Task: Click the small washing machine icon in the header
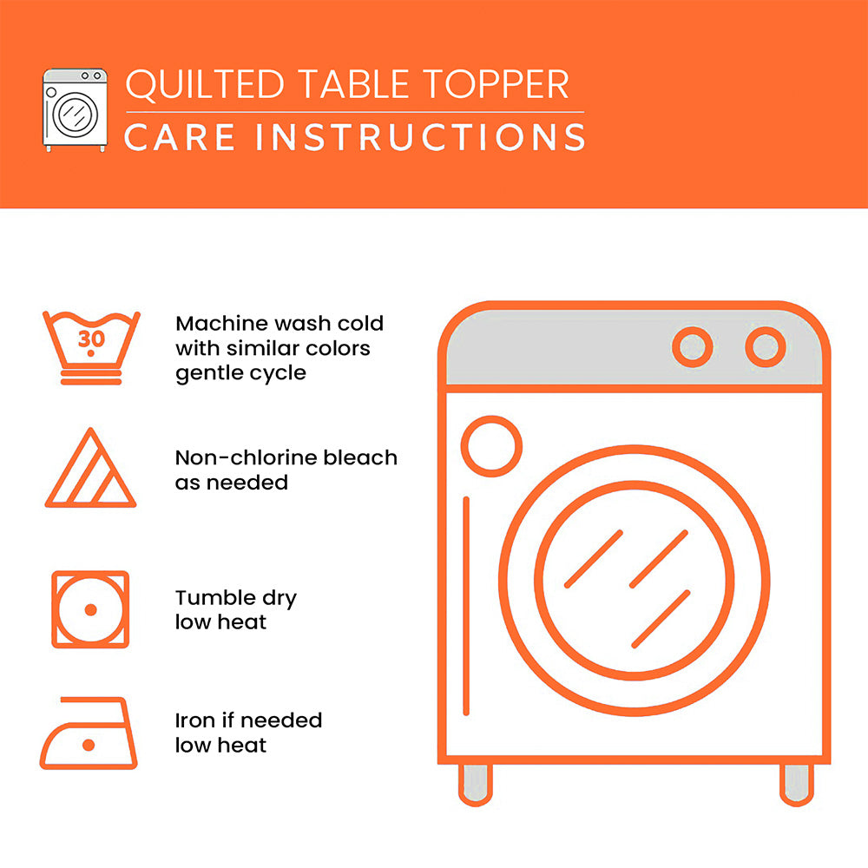point(76,109)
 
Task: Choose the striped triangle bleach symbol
point(89,470)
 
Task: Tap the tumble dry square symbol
point(90,609)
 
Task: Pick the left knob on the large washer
point(692,347)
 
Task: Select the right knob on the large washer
point(766,347)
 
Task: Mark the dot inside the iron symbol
point(88,745)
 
